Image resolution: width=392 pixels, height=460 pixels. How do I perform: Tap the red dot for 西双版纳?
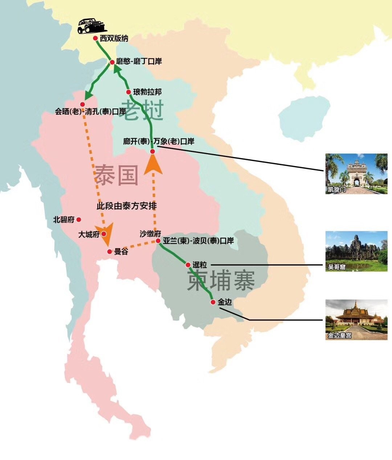[95, 38]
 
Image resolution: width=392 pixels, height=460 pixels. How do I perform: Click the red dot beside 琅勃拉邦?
[128, 92]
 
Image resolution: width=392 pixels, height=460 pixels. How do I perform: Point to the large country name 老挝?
[143, 110]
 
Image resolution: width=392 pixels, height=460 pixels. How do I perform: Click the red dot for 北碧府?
[79, 219]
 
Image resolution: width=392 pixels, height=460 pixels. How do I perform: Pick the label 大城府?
[89, 234]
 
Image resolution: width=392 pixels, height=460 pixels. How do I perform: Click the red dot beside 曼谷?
[110, 251]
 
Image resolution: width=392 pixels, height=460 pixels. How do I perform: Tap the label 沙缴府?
[150, 234]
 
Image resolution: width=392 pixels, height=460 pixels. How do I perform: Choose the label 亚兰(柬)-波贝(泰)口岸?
[198, 241]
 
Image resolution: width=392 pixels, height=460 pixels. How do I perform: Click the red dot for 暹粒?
[188, 265]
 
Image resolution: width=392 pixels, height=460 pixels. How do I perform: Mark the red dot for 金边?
[213, 302]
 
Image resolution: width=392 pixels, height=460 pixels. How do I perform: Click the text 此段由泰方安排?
[127, 206]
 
